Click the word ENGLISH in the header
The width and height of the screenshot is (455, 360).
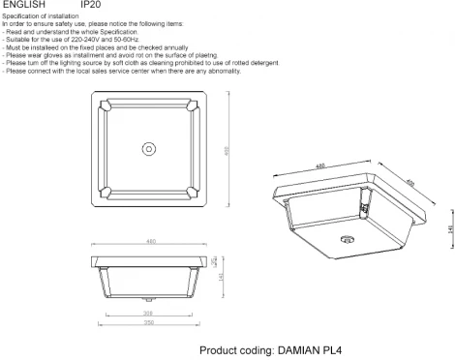pos(23,5)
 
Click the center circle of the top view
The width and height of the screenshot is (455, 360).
pos(150,148)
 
